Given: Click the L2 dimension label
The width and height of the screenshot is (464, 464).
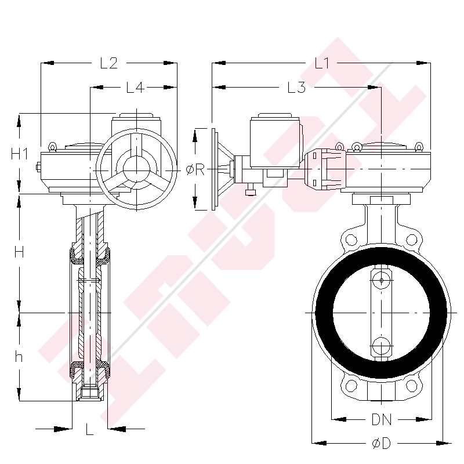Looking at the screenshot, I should (x=109, y=63).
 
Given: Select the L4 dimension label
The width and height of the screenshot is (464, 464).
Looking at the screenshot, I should (x=135, y=88).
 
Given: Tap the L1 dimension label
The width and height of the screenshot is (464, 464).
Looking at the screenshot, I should (x=322, y=63).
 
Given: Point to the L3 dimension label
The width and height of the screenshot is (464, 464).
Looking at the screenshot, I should (x=296, y=88).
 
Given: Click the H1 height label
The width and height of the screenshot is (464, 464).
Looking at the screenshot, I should (x=20, y=154).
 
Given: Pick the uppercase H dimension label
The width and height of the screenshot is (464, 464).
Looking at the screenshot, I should (x=19, y=252).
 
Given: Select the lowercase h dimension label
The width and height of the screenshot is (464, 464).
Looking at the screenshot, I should (x=19, y=357).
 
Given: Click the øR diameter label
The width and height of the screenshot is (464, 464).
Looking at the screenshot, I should (x=195, y=169).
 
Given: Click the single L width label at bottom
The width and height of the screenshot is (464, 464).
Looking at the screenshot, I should (x=89, y=429).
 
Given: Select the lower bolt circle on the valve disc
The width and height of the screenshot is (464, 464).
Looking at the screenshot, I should (x=381, y=346).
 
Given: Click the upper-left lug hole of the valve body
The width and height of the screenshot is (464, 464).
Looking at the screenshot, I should (x=350, y=240).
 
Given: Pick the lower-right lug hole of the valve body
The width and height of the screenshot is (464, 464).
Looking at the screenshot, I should (x=412, y=386).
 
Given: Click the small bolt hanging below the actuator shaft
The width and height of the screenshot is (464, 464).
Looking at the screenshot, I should (x=251, y=191).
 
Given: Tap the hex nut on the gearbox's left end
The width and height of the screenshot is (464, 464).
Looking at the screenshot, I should (x=37, y=168).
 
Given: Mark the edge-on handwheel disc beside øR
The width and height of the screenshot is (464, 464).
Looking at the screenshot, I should (x=215, y=169).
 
